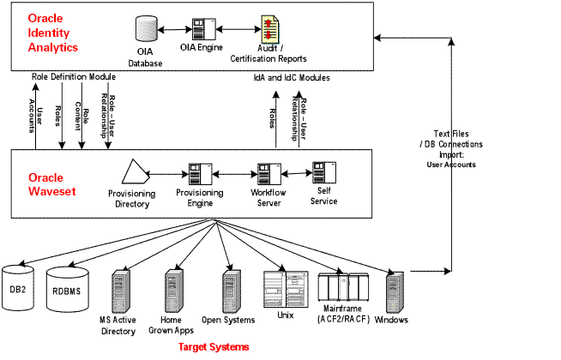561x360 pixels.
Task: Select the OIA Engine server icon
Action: click(x=202, y=30)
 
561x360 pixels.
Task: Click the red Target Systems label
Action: click(x=214, y=348)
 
